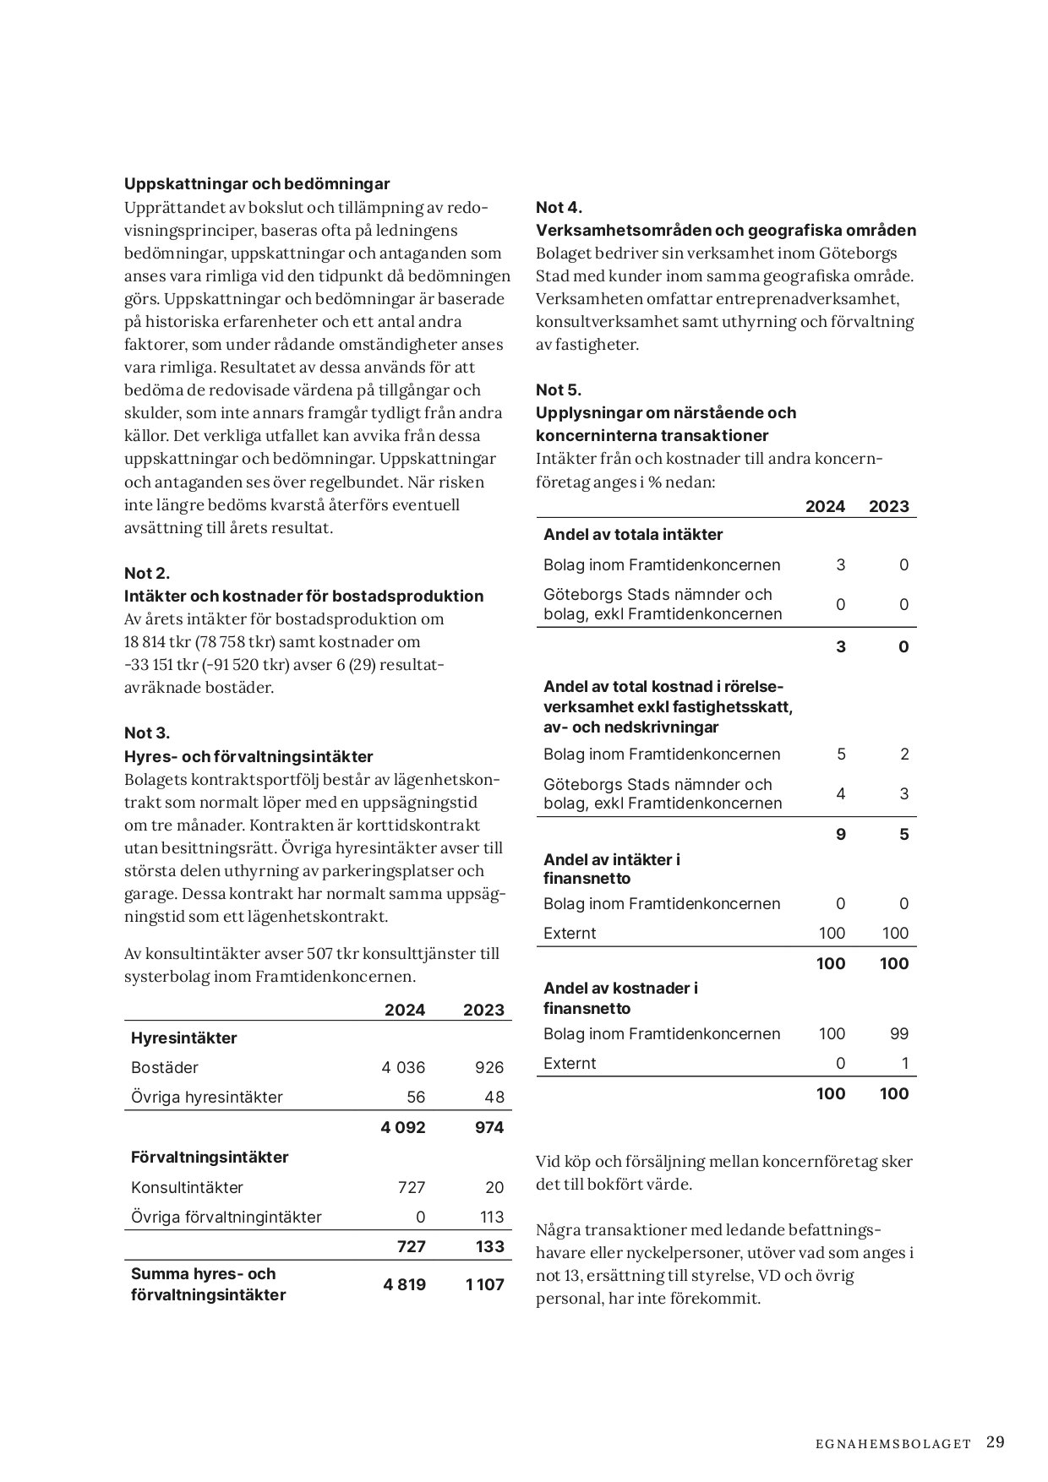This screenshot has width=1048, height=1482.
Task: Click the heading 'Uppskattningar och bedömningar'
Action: point(257,183)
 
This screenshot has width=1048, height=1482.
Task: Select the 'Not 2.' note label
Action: point(147,573)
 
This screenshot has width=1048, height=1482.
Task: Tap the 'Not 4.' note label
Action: point(559,207)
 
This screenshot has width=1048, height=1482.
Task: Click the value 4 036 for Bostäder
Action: point(403,1067)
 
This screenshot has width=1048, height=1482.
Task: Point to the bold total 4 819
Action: point(404,1284)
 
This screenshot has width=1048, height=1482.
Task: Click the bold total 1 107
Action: point(483,1284)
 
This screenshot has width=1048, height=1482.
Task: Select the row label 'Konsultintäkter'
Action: point(187,1187)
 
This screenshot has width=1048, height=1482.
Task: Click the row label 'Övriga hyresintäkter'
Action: point(207,1097)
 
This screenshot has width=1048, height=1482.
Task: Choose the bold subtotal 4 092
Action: point(403,1127)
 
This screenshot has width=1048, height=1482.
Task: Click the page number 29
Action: point(995,1441)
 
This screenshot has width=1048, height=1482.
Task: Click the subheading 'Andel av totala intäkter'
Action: point(633,534)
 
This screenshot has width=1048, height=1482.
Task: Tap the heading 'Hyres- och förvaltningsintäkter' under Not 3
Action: point(248,756)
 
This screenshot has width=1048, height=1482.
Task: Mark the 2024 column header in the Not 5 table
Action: point(825,506)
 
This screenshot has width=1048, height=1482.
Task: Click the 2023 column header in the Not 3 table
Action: point(483,1010)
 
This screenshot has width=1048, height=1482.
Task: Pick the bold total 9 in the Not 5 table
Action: point(840,834)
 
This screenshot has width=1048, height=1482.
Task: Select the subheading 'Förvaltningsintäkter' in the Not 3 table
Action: point(210,1157)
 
